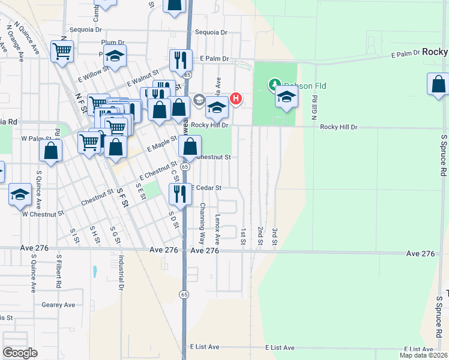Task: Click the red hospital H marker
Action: coord(237,98)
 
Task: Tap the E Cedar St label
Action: coord(206,188)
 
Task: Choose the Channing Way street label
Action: coord(202,218)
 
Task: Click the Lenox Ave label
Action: coord(218,227)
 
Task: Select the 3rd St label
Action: coord(274,236)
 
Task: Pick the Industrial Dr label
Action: coord(121,274)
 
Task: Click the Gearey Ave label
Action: coord(58,305)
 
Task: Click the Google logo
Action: coord(20,353)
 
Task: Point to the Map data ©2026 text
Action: coord(423,355)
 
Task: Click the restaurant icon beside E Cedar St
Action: coord(179,192)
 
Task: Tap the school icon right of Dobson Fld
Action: coord(287,96)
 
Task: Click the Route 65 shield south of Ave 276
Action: coord(184,293)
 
